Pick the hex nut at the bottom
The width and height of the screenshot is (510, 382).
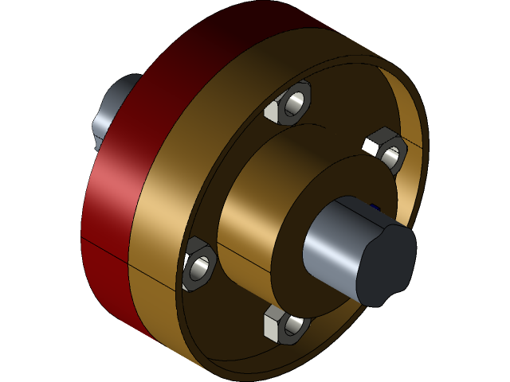click(283, 324)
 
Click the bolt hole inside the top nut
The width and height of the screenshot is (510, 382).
click(295, 103)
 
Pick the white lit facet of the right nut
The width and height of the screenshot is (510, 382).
click(372, 144)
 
